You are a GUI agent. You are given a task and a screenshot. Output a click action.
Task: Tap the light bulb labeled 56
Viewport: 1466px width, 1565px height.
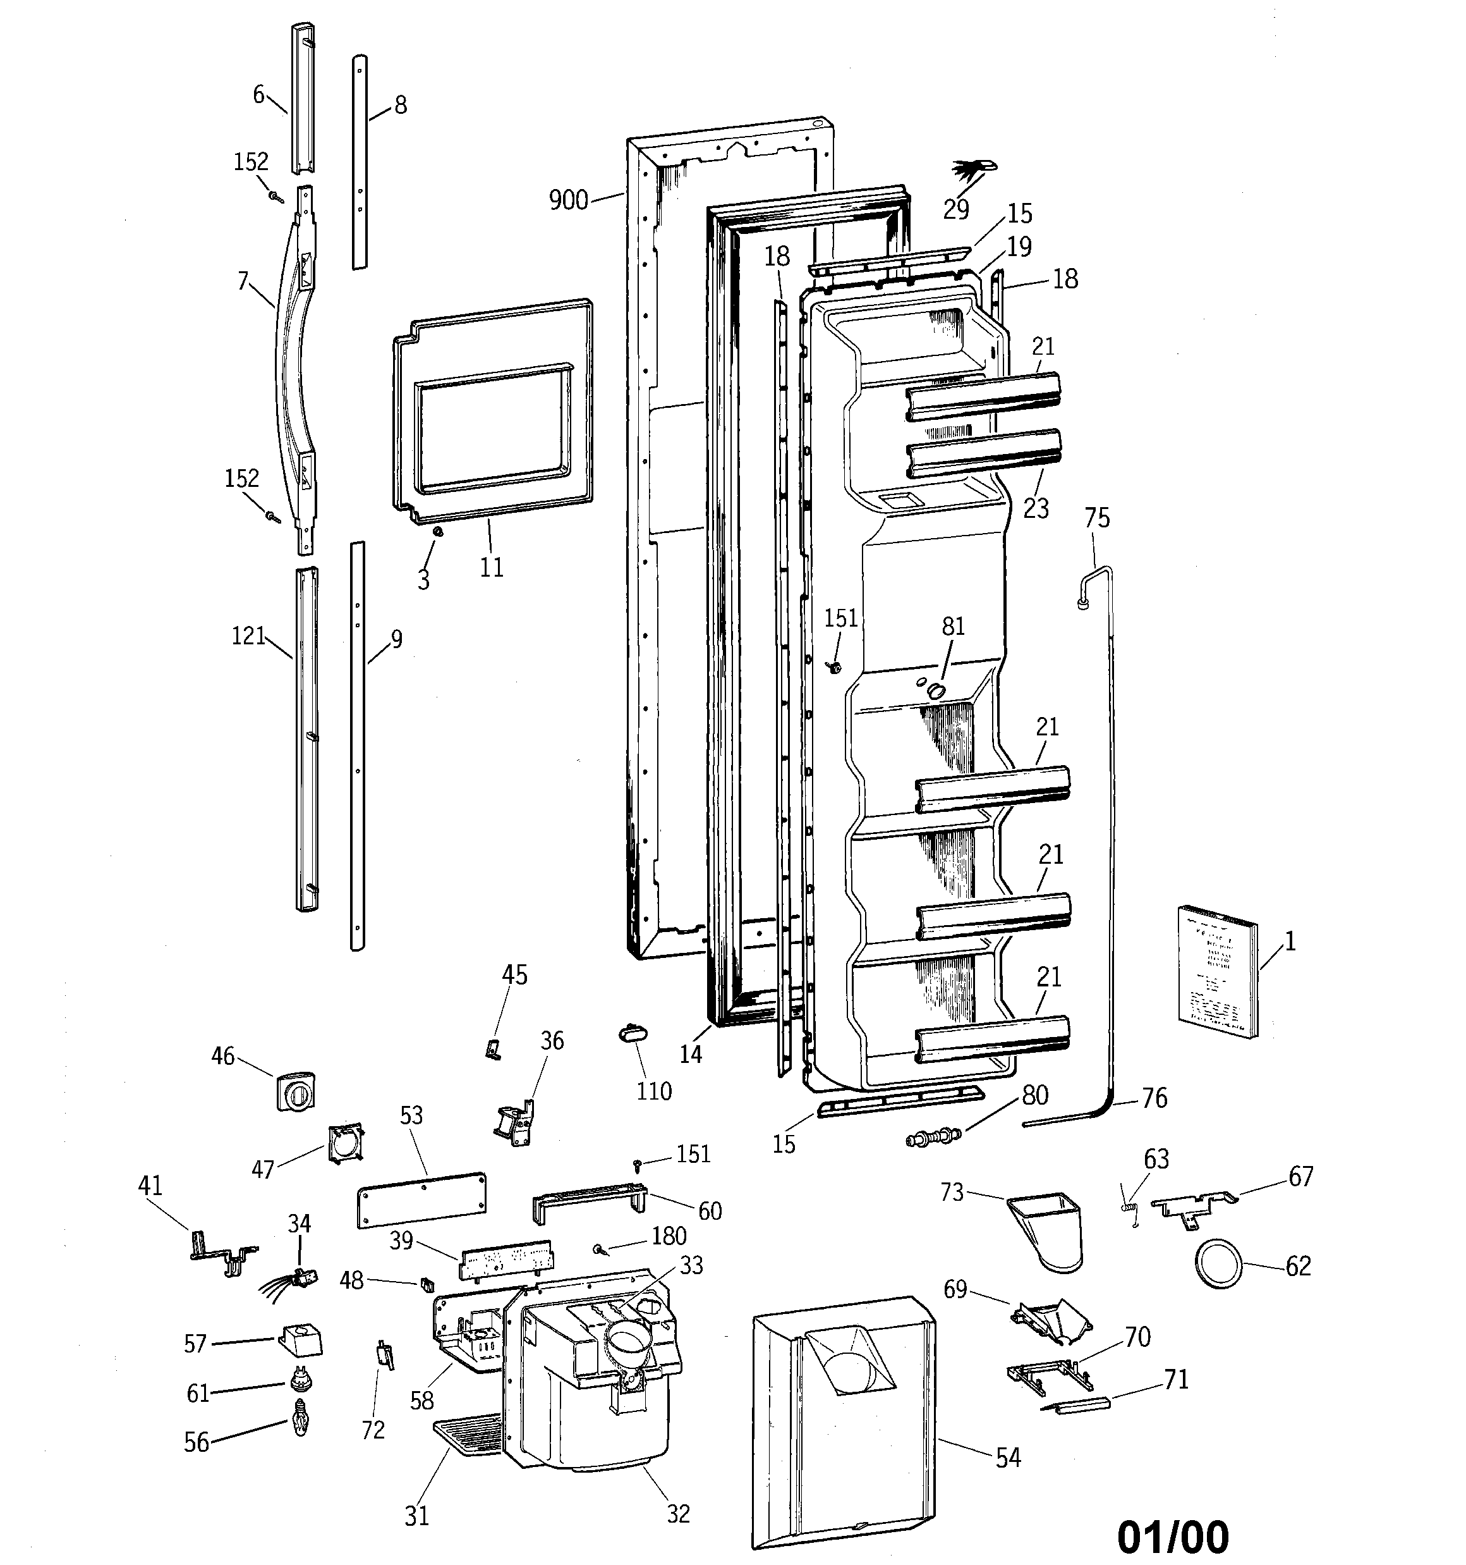[x=300, y=1418]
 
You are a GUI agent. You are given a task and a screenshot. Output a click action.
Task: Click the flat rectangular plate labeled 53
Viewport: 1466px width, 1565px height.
[x=421, y=1200]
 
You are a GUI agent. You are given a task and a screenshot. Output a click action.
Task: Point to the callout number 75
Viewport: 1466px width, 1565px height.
[x=1097, y=517]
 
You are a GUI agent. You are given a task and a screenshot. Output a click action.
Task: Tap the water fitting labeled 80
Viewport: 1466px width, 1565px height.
[x=934, y=1137]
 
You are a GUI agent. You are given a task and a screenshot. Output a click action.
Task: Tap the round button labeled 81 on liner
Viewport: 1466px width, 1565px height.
[x=936, y=690]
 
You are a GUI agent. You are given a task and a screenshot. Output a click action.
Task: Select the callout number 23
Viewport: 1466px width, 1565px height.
[x=1036, y=508]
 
